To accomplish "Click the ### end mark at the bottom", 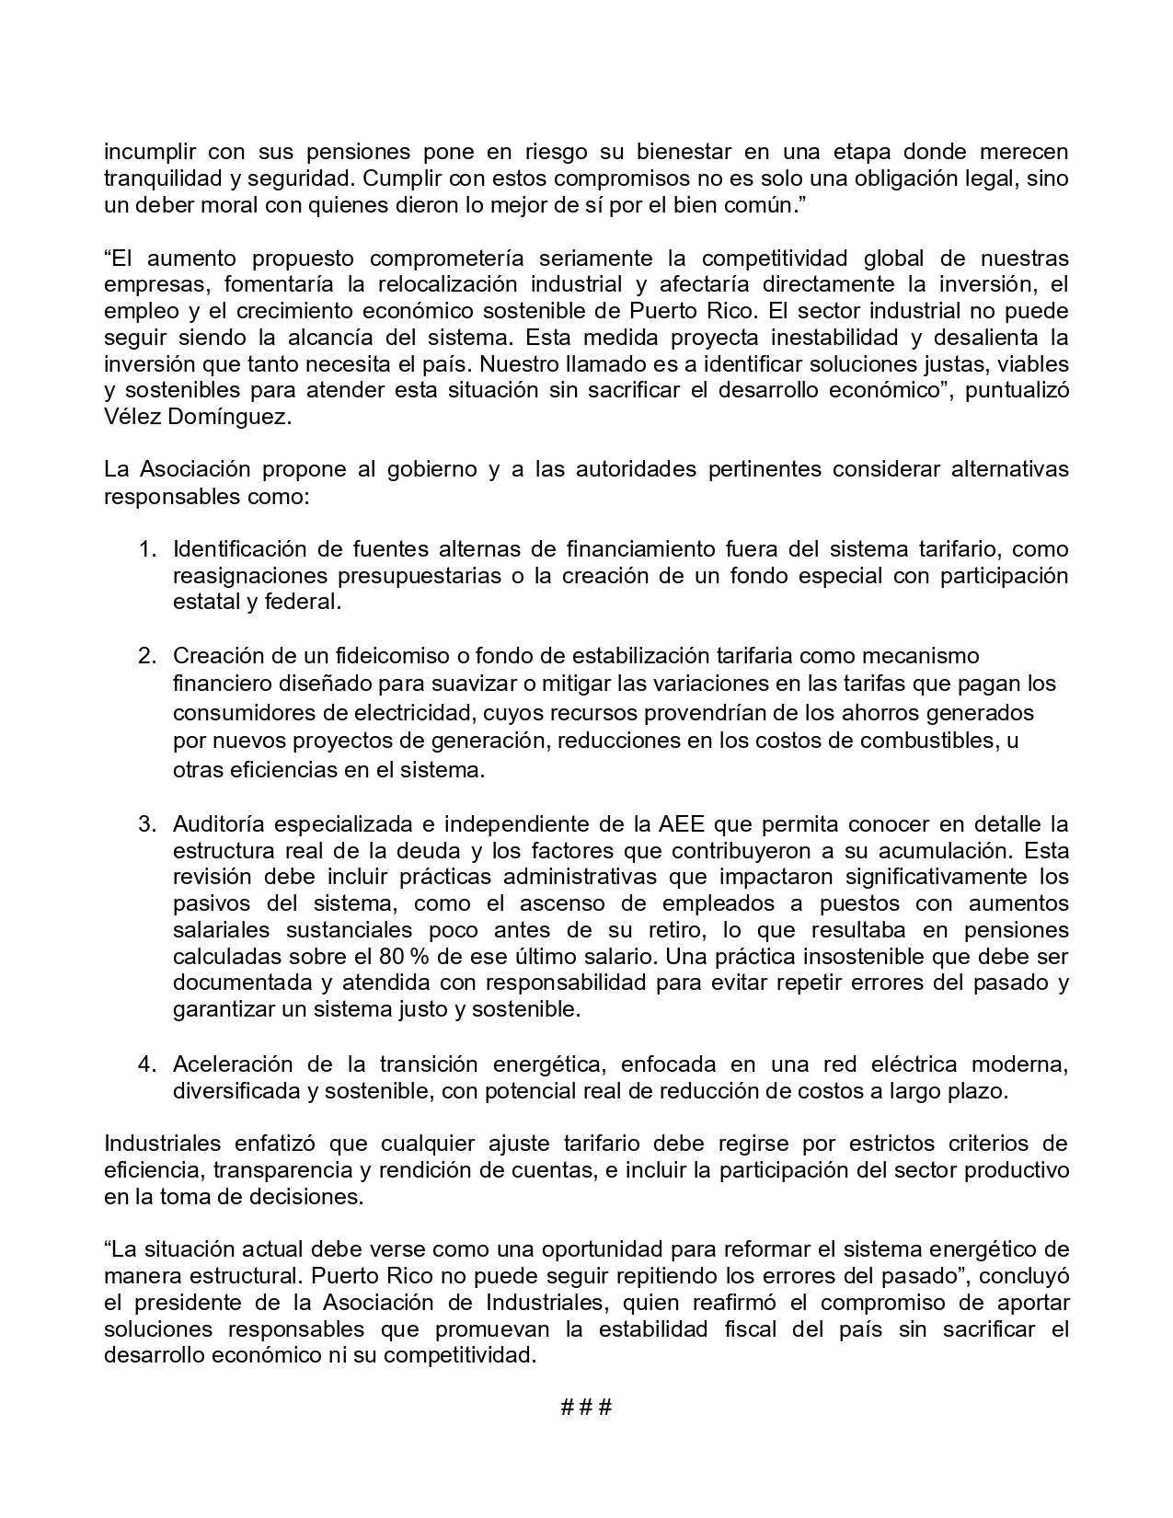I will point(586,1408).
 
